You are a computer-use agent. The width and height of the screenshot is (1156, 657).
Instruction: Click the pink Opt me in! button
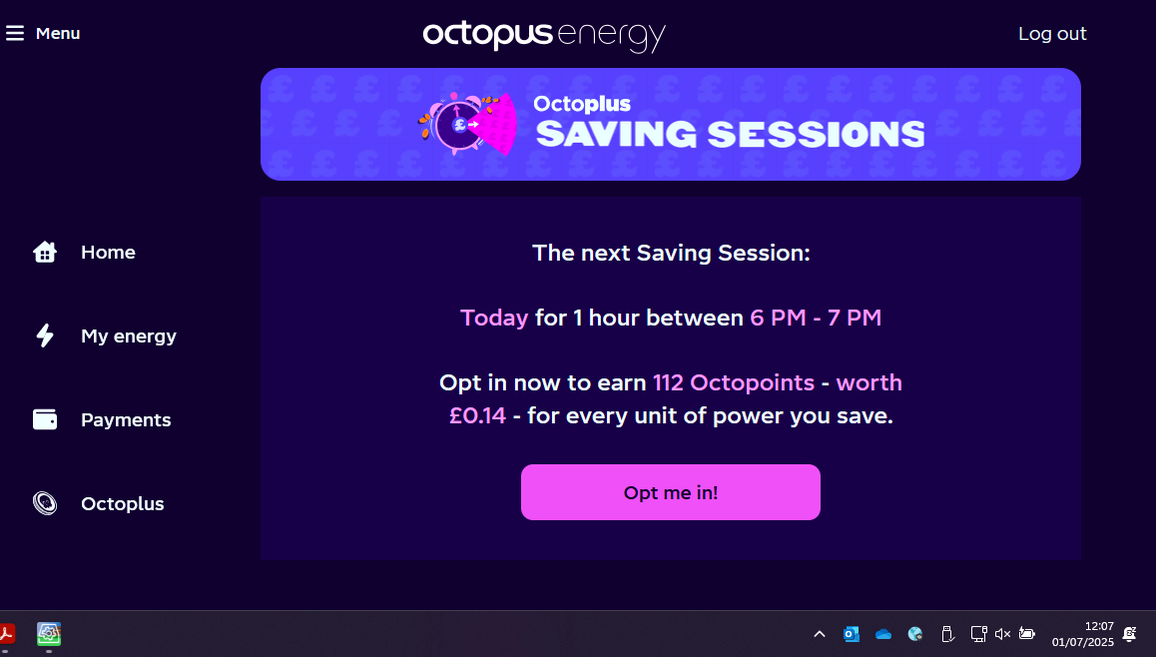click(x=670, y=492)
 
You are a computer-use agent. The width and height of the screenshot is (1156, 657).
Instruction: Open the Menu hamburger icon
click(x=15, y=33)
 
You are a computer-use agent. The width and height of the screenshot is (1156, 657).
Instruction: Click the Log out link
click(x=1052, y=34)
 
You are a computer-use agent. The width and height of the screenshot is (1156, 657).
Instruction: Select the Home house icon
click(x=45, y=253)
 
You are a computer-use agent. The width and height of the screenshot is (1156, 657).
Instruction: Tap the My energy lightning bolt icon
click(x=45, y=335)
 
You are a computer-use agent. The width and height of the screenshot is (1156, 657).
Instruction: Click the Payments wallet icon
click(x=45, y=419)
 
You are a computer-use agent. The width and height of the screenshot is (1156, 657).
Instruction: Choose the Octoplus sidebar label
click(x=123, y=503)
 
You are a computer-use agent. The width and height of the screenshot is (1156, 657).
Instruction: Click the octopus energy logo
click(x=544, y=35)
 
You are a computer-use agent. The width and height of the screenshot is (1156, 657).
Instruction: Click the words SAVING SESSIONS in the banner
click(x=730, y=134)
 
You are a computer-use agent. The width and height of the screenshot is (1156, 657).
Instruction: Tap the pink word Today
click(x=494, y=318)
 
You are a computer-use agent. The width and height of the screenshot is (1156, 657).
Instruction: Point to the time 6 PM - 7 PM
click(x=816, y=318)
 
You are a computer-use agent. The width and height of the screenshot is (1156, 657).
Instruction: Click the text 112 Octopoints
click(x=734, y=382)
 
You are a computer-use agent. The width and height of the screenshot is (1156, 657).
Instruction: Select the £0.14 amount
click(x=478, y=416)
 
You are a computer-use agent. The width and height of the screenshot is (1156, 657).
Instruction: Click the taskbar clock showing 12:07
click(x=1099, y=626)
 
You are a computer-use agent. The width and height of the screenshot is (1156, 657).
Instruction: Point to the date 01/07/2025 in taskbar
click(x=1083, y=642)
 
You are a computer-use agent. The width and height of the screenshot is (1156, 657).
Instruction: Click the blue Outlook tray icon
click(x=852, y=634)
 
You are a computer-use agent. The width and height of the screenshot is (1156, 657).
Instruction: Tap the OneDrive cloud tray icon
click(x=883, y=634)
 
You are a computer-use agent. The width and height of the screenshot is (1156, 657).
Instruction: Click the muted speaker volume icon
click(x=1002, y=634)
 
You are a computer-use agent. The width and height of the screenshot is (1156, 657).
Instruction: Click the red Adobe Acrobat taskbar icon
click(x=7, y=633)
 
